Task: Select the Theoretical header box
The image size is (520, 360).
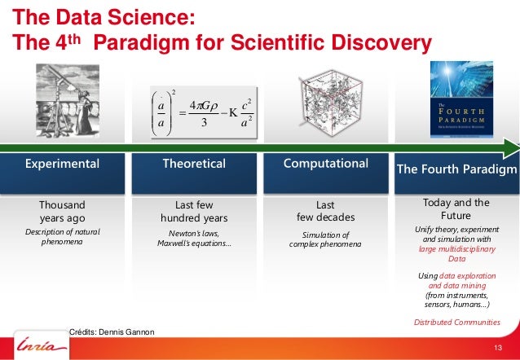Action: pos(194,164)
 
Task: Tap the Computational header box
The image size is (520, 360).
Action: pos(326,164)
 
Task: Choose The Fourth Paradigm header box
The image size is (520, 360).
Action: pos(456,169)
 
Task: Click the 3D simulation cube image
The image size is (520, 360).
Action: pos(327,105)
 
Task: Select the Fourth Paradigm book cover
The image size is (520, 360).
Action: pos(461,101)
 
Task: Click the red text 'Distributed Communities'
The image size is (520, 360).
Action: pos(456,323)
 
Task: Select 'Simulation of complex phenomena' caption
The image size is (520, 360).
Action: pos(325,239)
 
